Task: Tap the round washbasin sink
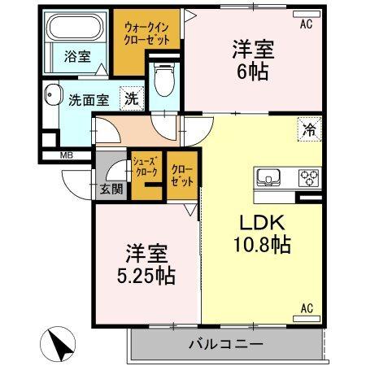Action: click(54, 96)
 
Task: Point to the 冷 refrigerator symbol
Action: click(309, 128)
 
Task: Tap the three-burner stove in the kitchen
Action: click(309, 176)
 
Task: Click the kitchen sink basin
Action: click(269, 176)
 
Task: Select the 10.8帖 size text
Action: click(265, 243)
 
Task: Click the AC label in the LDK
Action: click(307, 307)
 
